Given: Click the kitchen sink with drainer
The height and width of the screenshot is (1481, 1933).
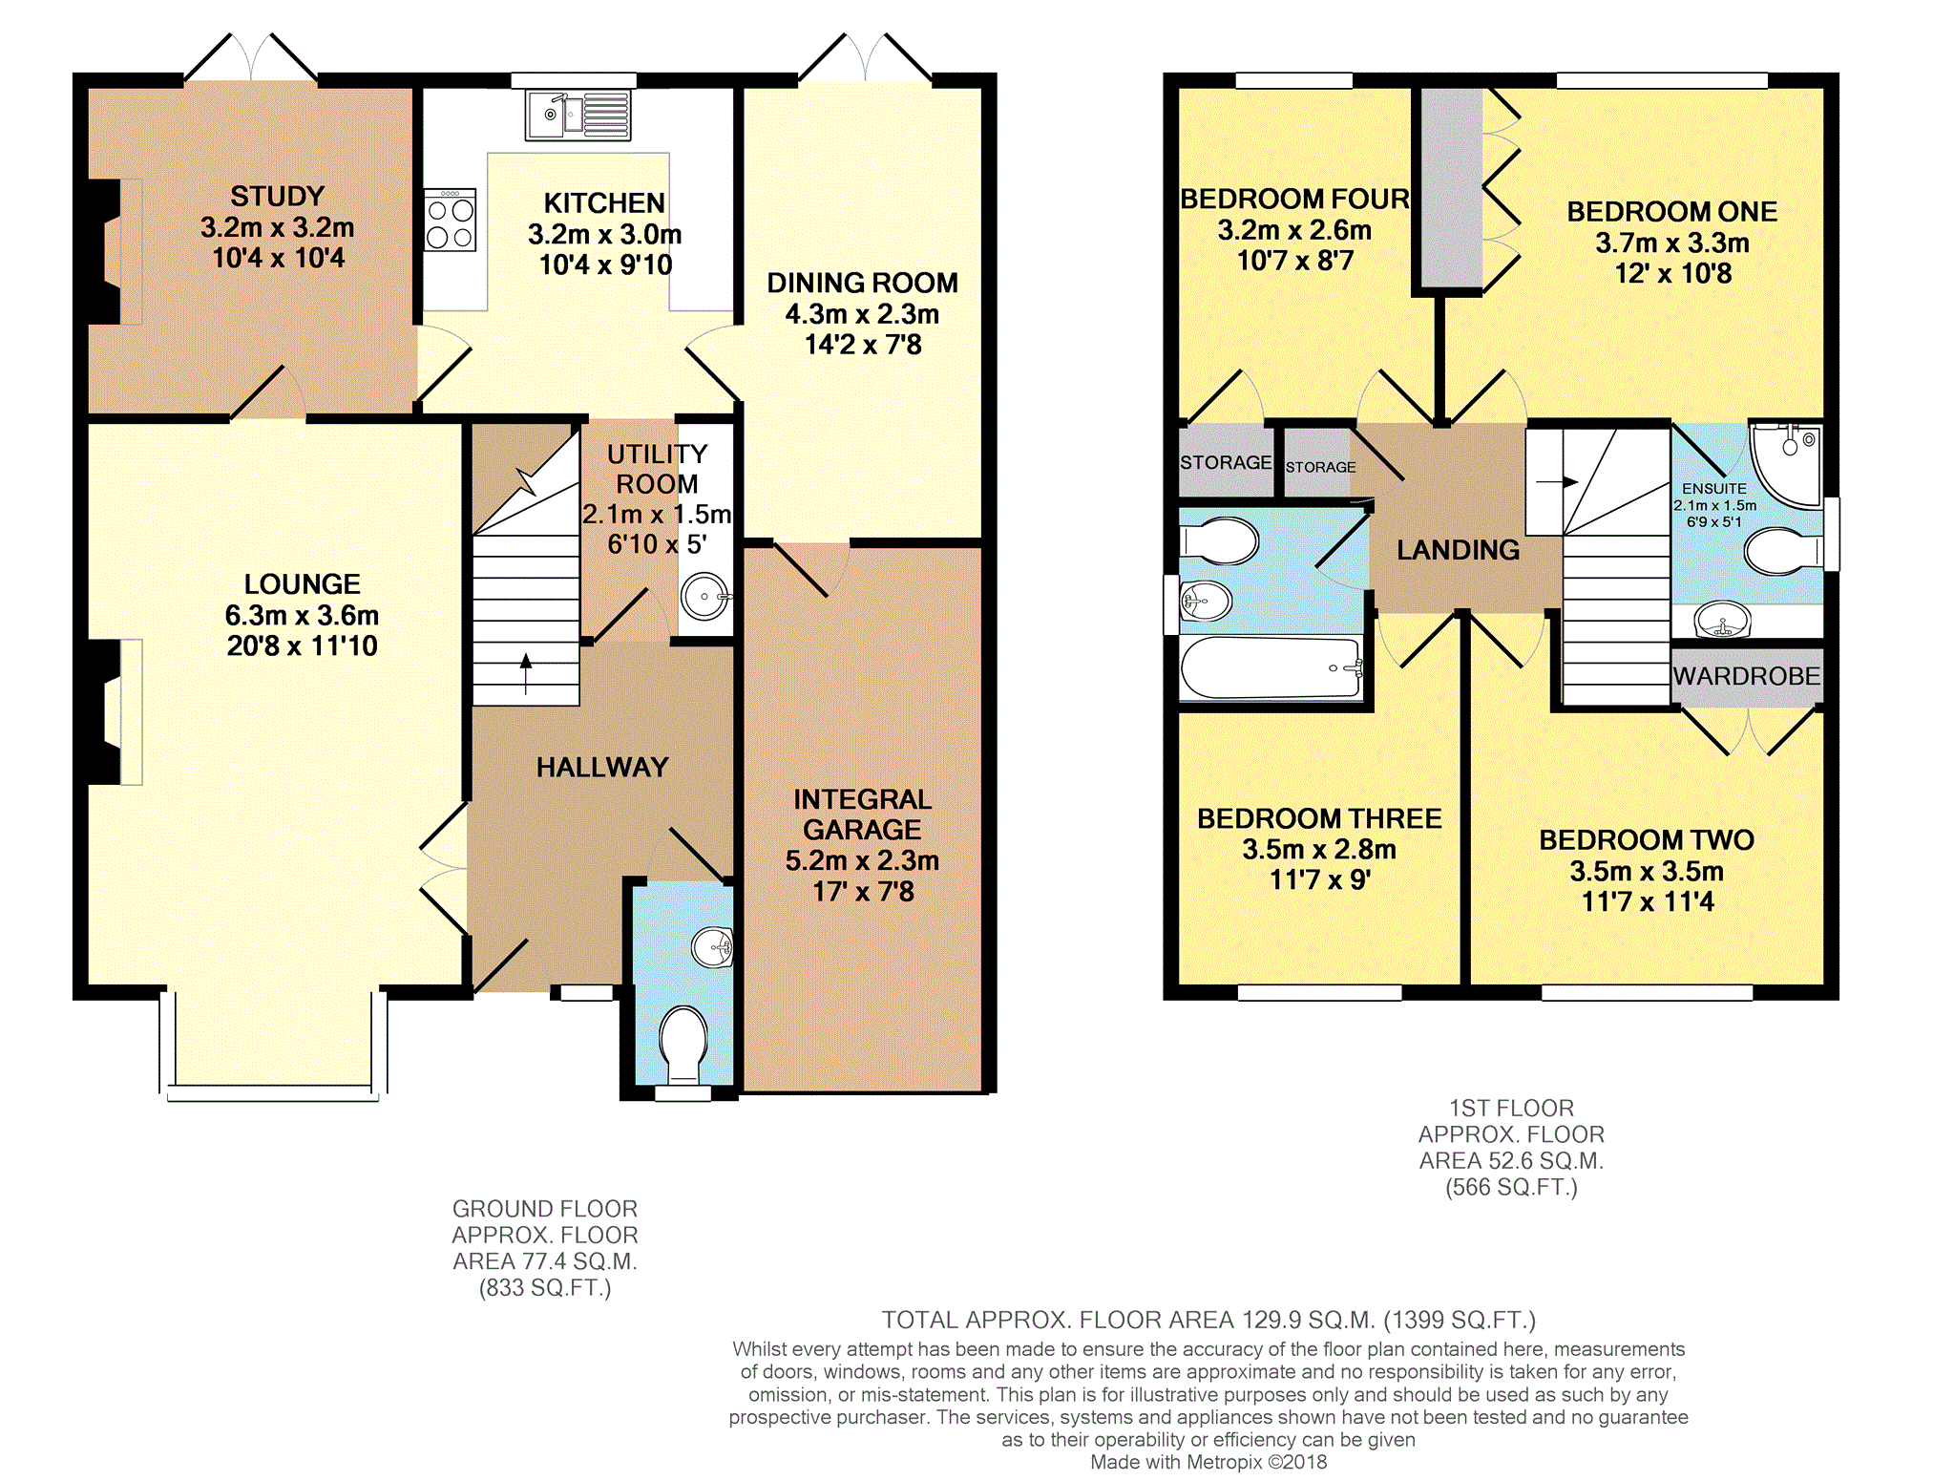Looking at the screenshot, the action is [578, 115].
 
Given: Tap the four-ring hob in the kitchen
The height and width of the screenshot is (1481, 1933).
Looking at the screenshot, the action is [450, 220].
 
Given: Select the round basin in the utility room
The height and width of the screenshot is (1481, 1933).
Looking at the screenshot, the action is [705, 597].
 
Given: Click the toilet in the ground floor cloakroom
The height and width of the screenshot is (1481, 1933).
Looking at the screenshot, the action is [683, 1045].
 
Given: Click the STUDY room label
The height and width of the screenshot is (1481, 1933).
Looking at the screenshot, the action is [277, 196].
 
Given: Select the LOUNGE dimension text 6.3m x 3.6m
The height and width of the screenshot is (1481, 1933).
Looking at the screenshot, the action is [302, 615].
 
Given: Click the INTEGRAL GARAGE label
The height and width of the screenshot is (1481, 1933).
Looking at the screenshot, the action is [862, 815].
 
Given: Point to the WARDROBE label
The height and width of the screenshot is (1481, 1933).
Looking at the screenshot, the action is [1747, 676].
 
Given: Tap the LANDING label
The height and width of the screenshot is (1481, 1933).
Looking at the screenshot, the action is [1458, 550].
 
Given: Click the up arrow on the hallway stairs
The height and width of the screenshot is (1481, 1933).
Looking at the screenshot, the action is [525, 673].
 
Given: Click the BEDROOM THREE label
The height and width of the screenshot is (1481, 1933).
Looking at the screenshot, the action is [1319, 818].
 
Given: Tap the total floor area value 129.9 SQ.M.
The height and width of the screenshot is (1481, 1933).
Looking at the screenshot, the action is [1309, 1320].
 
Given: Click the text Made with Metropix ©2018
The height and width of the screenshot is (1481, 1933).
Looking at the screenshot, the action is [1208, 1462].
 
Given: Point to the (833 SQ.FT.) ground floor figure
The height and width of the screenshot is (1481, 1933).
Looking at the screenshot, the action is [545, 1288].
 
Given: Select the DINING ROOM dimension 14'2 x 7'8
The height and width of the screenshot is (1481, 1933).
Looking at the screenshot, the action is [863, 345].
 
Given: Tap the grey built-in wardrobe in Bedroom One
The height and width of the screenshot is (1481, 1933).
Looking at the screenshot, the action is [1452, 187].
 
